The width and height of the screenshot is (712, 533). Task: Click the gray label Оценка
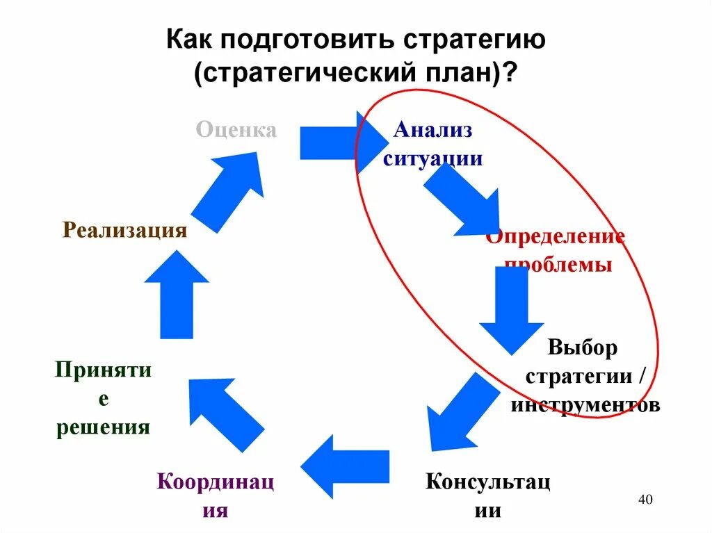point(236,130)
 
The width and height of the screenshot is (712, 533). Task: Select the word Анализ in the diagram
point(432,130)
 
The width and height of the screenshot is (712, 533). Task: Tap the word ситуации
point(432,158)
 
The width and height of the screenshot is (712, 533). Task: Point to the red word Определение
point(555,236)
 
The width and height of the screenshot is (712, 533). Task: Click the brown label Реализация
point(125,230)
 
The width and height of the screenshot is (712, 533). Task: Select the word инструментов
point(585,404)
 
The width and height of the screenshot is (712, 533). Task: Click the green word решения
point(103,426)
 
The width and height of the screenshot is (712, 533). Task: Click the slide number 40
point(646,500)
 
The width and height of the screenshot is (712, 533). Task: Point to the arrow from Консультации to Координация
point(345,466)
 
